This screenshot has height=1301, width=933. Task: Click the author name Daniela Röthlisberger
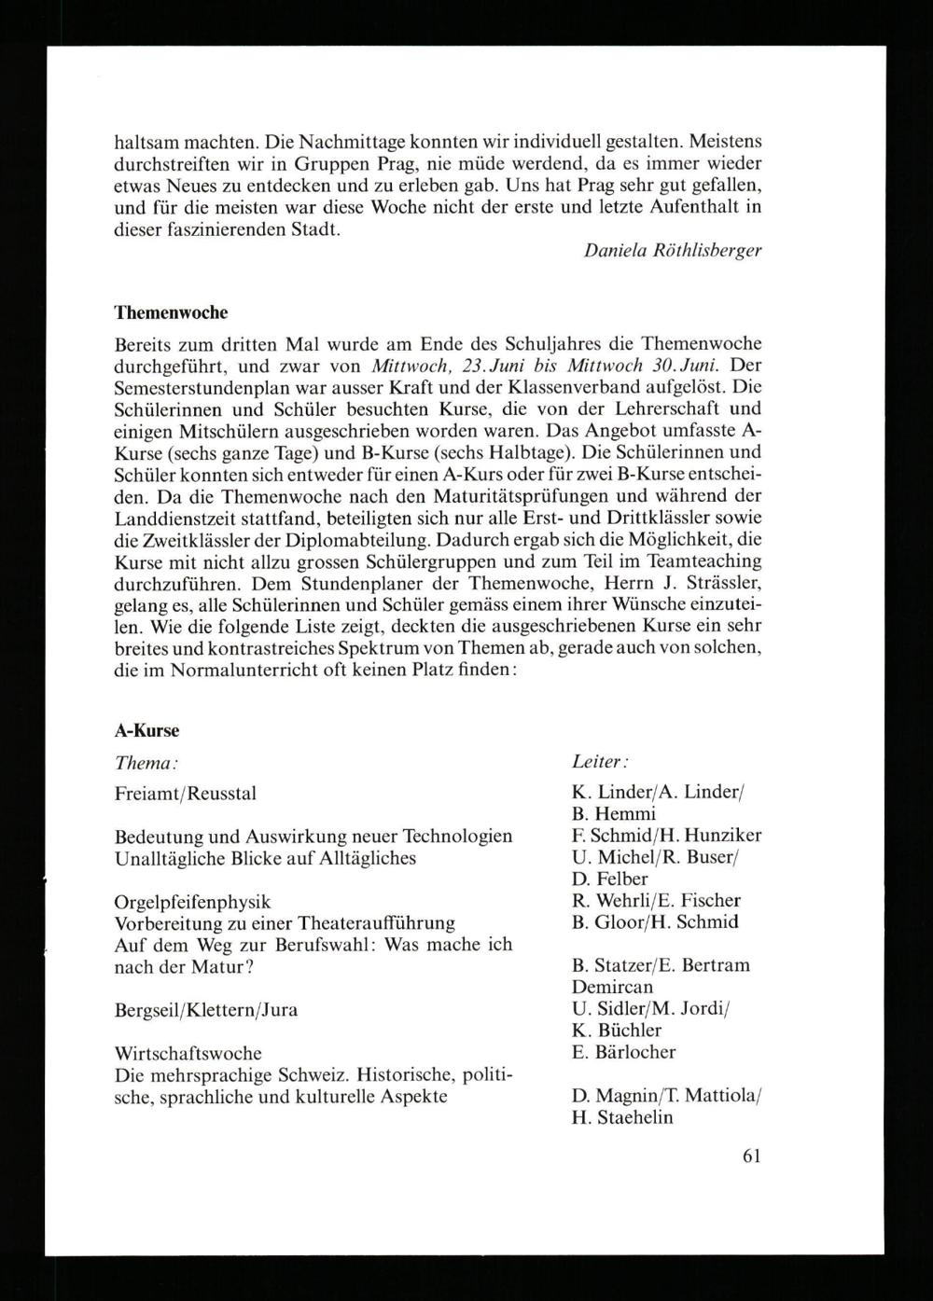(x=672, y=251)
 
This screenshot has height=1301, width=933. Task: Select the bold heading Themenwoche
(x=170, y=311)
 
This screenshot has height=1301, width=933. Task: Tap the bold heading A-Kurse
(x=146, y=730)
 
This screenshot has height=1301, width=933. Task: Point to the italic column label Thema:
(x=146, y=763)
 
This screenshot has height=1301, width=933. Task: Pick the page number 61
(x=752, y=1156)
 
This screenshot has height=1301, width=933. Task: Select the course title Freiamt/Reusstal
(x=185, y=794)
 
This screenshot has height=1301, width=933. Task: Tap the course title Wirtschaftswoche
(x=188, y=1053)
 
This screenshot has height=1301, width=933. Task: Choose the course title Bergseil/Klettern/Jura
(x=206, y=1010)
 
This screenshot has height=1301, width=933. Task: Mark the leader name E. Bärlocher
(x=623, y=1052)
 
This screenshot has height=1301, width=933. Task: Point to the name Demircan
(x=612, y=987)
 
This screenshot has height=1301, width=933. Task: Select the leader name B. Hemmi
(x=613, y=814)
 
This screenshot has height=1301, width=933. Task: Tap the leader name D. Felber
(x=609, y=879)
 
